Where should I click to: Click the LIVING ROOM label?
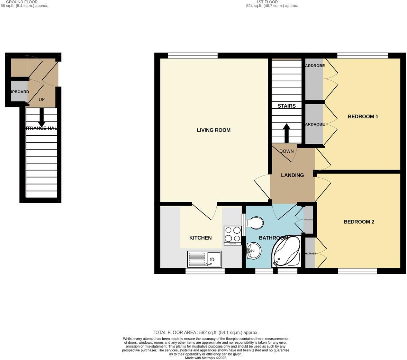pos(214,130)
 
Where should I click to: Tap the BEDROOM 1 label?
pos(363,117)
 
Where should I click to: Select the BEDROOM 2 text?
pos(359,222)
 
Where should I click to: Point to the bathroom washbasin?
pos(254,250)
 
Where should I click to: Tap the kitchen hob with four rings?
pos(233,235)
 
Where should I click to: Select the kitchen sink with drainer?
pos(205,259)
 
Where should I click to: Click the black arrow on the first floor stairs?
pos(287,133)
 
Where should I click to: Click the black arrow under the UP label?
pos(42,117)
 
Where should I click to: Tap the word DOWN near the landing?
pos(286,151)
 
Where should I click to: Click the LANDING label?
pos(292,175)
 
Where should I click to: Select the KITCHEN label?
pos(200,238)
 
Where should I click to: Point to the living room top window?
pos(193,55)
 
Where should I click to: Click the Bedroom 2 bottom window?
pos(357,271)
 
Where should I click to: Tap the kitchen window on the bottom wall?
pos(205,271)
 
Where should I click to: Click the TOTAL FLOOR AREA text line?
pos(206,332)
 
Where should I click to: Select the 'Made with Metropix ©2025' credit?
pos(206,358)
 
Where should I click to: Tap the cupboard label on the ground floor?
pos(19,92)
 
